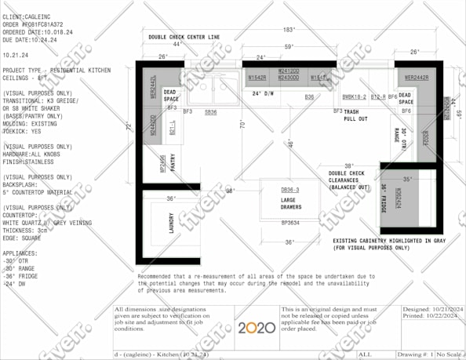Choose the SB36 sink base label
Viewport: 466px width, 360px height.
(x=210, y=112)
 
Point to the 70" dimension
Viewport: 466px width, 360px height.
(x=243, y=124)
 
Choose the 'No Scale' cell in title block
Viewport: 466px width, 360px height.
(x=448, y=354)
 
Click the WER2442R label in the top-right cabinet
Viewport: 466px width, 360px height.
(x=416, y=78)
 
